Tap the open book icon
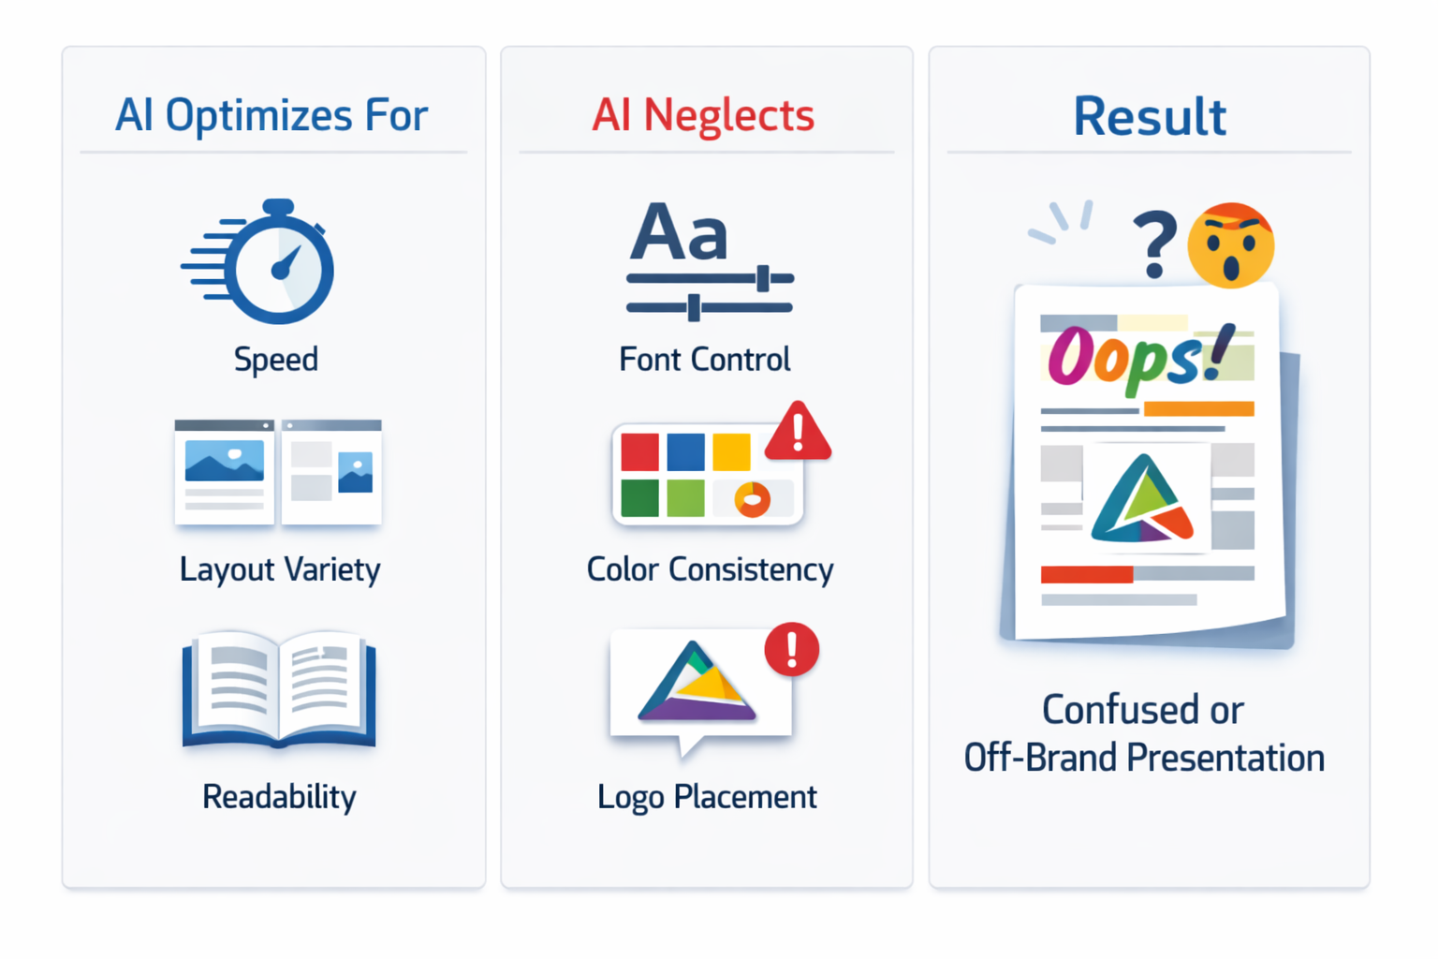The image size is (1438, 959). [279, 690]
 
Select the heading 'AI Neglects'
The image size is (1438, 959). [703, 116]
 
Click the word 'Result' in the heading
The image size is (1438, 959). [1149, 117]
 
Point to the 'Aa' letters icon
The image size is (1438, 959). [679, 232]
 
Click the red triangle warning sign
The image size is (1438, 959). [798, 432]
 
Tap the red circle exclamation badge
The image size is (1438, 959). [792, 648]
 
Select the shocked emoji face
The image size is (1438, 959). [1230, 244]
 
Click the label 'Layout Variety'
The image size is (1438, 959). [280, 569]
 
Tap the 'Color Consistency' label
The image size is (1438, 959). [710, 569]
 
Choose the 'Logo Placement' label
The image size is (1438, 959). [707, 797]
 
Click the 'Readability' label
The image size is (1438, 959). [279, 797]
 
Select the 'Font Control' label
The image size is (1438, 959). [705, 360]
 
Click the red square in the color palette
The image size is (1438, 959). [639, 452]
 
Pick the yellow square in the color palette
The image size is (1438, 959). [731, 452]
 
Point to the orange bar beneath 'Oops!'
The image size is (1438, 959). [1198, 408]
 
